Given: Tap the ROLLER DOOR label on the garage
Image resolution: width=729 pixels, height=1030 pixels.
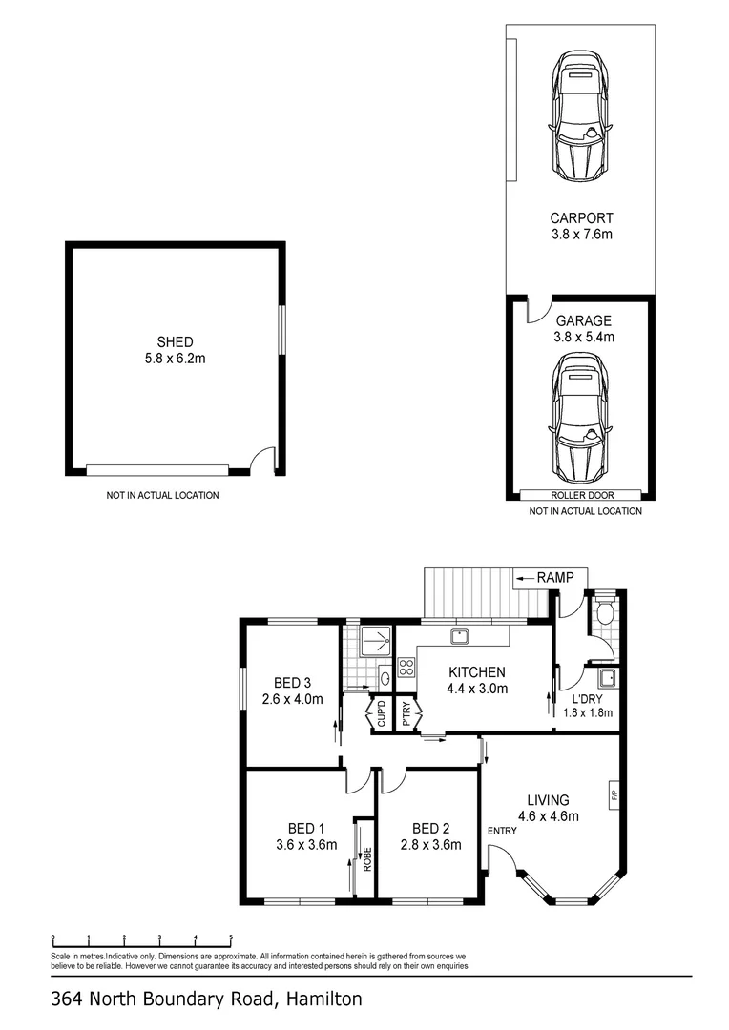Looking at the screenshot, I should pyautogui.click(x=581, y=495).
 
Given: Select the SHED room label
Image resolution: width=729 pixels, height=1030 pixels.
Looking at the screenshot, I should pyautogui.click(x=176, y=342).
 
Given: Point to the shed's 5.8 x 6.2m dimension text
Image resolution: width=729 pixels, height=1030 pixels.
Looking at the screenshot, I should pyautogui.click(x=176, y=360).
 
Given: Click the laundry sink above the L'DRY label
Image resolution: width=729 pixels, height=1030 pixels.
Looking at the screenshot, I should pyautogui.click(x=606, y=678).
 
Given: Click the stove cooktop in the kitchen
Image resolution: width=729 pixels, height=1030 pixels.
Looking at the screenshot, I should pyautogui.click(x=406, y=668).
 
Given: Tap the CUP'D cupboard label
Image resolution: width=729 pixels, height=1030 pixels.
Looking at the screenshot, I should pyautogui.click(x=381, y=715).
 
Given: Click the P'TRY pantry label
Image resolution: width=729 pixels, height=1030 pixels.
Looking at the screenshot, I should pyautogui.click(x=406, y=715).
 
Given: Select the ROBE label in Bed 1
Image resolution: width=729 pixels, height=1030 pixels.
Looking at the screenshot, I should pyautogui.click(x=365, y=858).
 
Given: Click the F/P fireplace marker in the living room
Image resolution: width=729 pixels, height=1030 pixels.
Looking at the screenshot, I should pyautogui.click(x=614, y=793).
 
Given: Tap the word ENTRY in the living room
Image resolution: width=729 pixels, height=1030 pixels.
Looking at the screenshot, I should pyautogui.click(x=502, y=831).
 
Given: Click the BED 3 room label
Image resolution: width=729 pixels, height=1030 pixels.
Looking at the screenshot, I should pyautogui.click(x=293, y=682).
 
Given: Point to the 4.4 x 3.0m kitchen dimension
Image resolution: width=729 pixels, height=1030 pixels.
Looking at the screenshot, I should pyautogui.click(x=477, y=689).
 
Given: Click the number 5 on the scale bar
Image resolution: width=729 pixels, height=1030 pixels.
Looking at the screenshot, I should pyautogui.click(x=231, y=937).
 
